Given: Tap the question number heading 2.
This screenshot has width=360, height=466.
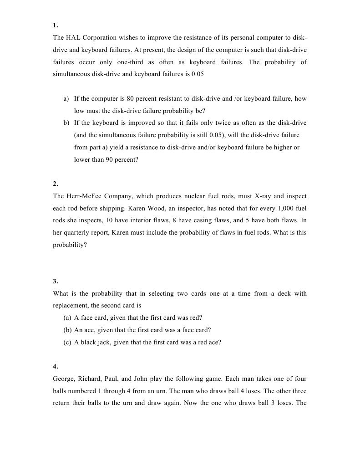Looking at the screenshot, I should tap(55, 184).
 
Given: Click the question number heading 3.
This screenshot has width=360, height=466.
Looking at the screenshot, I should tap(55, 282).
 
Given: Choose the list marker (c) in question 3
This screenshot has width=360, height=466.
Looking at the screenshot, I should tap(68, 343).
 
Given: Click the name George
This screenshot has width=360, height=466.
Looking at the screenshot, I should tap(64, 379).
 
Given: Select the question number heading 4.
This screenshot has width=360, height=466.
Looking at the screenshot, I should tap(55, 367).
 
